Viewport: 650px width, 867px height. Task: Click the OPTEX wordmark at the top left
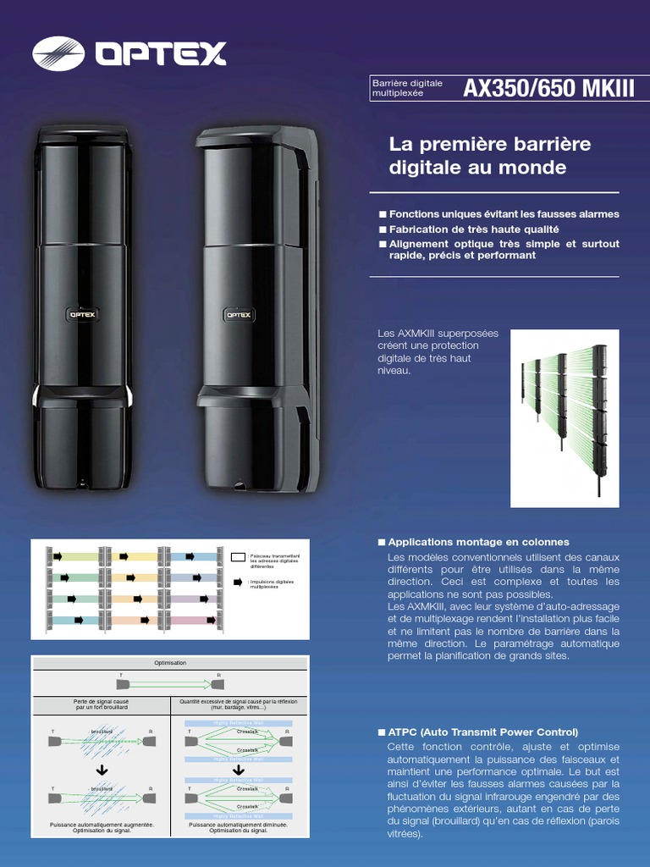pyautogui.click(x=161, y=54)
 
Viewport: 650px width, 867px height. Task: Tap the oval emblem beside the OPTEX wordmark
pyautogui.click(x=58, y=53)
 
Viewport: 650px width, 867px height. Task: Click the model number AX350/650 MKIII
pyautogui.click(x=548, y=89)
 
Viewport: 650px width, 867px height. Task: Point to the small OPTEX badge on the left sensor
pyautogui.click(x=82, y=313)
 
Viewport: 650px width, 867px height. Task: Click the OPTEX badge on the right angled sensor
pyautogui.click(x=236, y=314)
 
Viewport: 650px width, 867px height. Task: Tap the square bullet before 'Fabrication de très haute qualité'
pyautogui.click(x=383, y=229)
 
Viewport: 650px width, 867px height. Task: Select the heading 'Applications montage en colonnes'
pyautogui.click(x=478, y=542)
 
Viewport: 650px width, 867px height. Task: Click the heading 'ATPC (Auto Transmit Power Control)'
pyautogui.click(x=482, y=732)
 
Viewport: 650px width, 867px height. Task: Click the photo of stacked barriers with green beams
pyautogui.click(x=570, y=418)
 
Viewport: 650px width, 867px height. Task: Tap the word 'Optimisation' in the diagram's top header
pyautogui.click(x=170, y=662)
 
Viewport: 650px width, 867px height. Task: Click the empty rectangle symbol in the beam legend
pyautogui.click(x=238, y=557)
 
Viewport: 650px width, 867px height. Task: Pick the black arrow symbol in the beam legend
pyautogui.click(x=239, y=583)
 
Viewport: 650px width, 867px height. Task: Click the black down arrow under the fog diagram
pyautogui.click(x=102, y=769)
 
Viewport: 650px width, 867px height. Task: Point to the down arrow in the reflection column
pyautogui.click(x=240, y=770)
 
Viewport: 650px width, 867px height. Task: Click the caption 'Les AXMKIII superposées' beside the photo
pyautogui.click(x=438, y=334)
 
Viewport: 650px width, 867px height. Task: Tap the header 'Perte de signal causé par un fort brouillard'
pyautogui.click(x=101, y=704)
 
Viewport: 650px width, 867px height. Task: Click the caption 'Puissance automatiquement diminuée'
pyautogui.click(x=239, y=824)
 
